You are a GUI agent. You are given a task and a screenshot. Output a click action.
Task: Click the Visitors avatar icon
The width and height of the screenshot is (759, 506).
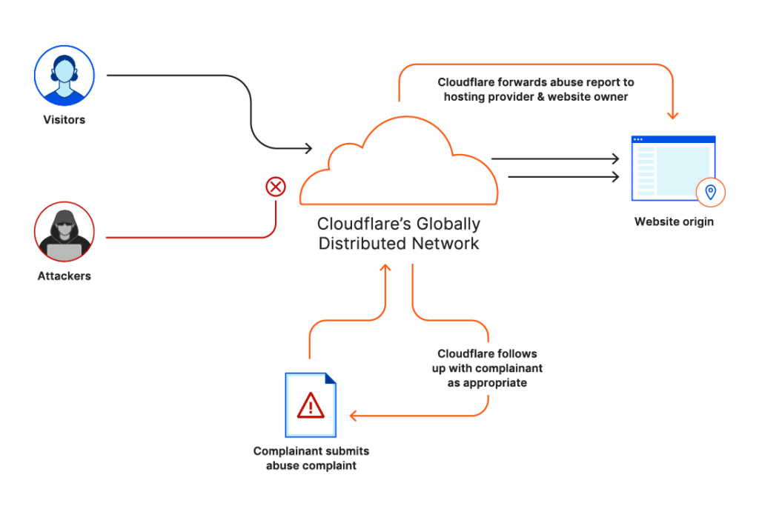[x=64, y=76]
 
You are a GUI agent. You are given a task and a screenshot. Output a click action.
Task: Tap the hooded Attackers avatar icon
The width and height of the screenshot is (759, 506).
[x=64, y=232]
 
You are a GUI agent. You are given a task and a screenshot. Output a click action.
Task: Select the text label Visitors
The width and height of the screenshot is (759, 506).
[x=64, y=119]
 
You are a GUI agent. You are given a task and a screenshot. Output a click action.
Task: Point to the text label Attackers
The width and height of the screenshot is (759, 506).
[x=64, y=276]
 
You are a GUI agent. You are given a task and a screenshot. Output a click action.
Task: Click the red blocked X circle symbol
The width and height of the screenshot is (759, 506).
[x=276, y=187]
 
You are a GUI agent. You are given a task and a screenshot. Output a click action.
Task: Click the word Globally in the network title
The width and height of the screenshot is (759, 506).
[x=451, y=224]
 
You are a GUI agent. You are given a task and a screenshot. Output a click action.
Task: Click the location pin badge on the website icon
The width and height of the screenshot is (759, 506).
[x=710, y=193]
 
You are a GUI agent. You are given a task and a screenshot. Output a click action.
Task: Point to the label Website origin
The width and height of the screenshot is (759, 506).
[x=674, y=222]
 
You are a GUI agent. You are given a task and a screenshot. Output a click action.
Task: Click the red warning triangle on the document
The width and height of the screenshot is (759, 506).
[x=311, y=405]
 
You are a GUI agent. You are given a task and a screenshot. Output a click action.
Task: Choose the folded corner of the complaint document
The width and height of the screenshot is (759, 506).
[x=330, y=379]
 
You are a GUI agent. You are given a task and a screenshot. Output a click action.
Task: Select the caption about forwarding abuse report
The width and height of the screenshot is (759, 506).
[x=535, y=90]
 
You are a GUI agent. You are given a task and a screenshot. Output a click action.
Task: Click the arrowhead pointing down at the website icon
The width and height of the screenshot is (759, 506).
[x=672, y=115]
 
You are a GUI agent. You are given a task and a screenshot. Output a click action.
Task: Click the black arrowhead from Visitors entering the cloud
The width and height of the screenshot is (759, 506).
[x=308, y=150]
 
